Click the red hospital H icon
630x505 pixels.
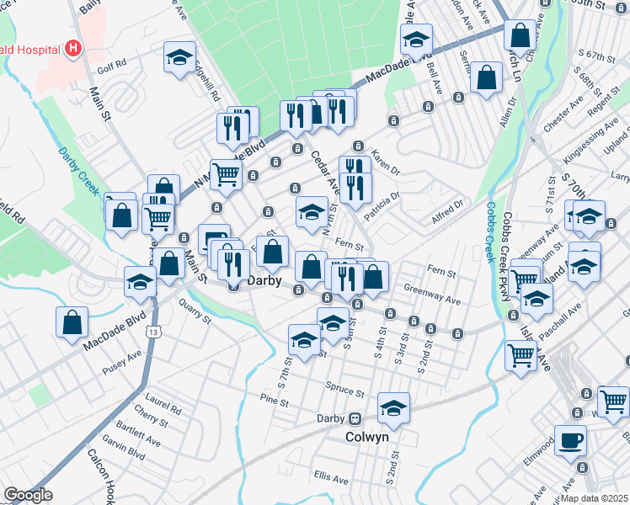coord(73,48)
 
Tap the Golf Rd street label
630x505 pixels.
coord(111,62)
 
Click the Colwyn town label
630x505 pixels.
coord(367,438)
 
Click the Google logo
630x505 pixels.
coord(29,495)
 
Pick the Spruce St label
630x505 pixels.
coord(346,392)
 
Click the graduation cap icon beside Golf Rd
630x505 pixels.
coord(179,57)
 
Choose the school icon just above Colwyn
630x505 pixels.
coord(393,408)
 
